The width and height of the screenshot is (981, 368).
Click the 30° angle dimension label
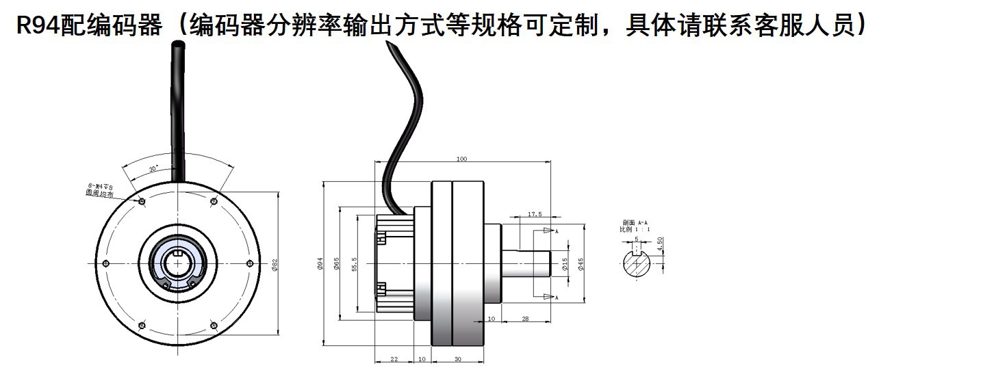coord(153,167)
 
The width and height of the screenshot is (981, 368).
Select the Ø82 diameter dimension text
coord(275,265)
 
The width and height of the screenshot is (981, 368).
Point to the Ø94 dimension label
coord(320,265)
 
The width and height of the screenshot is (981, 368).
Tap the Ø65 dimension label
coord(336,265)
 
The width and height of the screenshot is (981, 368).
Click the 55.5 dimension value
coord(353,263)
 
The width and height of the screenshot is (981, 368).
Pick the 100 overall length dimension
coord(461,159)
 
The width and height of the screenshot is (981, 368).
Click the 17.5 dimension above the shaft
coord(535,214)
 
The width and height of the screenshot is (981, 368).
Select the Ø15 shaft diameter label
coord(565,265)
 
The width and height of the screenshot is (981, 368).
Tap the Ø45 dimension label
coord(581,265)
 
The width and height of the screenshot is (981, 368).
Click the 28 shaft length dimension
coord(525,319)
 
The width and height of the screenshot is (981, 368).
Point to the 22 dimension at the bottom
coord(394,358)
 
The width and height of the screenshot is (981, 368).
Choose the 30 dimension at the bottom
coord(457,358)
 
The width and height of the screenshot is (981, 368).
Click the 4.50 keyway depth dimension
coord(659,244)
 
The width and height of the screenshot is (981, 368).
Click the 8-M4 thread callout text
coord(100,186)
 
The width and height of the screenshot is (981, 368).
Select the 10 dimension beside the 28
coord(492,319)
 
